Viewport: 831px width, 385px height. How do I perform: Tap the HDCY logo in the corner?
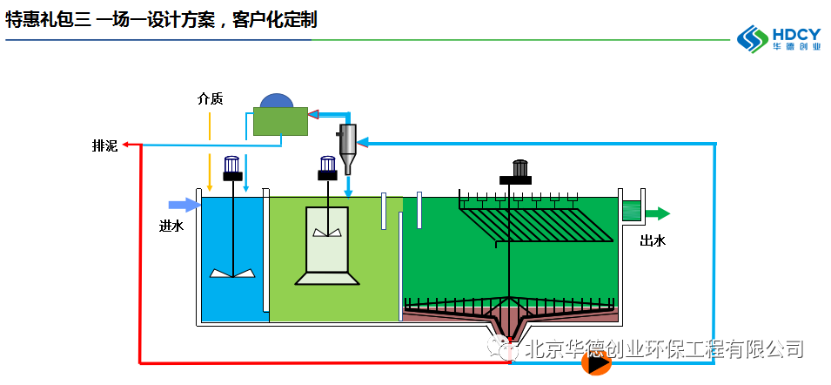click(779, 37)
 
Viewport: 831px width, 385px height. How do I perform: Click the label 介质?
click(210, 98)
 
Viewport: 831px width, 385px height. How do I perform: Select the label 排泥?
click(104, 145)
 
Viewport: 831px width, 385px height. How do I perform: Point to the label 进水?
click(171, 226)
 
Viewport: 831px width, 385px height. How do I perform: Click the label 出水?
click(653, 240)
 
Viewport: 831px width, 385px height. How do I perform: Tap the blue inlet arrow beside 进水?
click(184, 205)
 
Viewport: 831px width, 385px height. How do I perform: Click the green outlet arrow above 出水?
click(658, 213)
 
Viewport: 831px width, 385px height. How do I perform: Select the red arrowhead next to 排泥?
click(126, 145)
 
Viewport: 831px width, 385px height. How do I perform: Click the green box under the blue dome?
click(280, 121)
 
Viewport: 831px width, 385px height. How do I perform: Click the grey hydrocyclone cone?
click(348, 148)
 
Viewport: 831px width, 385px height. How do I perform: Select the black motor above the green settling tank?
click(520, 171)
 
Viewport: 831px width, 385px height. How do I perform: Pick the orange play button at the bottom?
click(596, 364)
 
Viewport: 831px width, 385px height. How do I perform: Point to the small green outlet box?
click(632, 211)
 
